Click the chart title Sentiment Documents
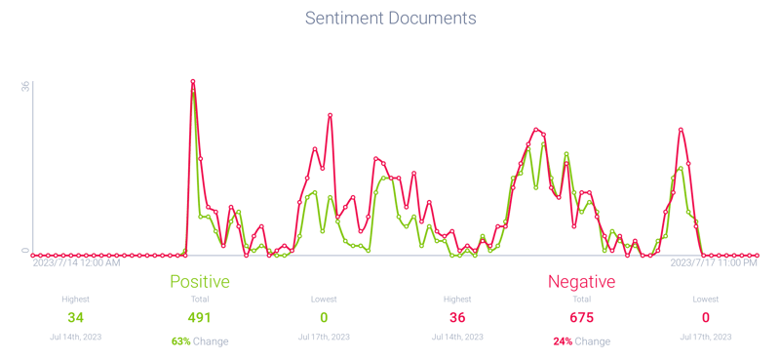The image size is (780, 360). tap(390, 19)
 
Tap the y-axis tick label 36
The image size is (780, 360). tap(26, 86)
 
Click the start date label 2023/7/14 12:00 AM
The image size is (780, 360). tap(77, 262)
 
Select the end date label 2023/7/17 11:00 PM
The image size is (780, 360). tap(714, 262)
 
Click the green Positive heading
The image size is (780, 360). tap(200, 282)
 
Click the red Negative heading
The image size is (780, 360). tap(582, 282)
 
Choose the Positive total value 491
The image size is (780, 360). tap(200, 317)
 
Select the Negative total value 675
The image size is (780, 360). tap(582, 317)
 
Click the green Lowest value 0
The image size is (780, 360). tap(323, 317)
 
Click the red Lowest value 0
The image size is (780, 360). tap(705, 317)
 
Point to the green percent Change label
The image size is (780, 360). tap(200, 341)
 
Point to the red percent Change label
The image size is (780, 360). tap(582, 341)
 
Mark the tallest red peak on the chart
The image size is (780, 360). tap(193, 82)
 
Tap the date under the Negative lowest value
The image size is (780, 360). tap(705, 336)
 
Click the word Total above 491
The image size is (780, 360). tap(200, 299)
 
